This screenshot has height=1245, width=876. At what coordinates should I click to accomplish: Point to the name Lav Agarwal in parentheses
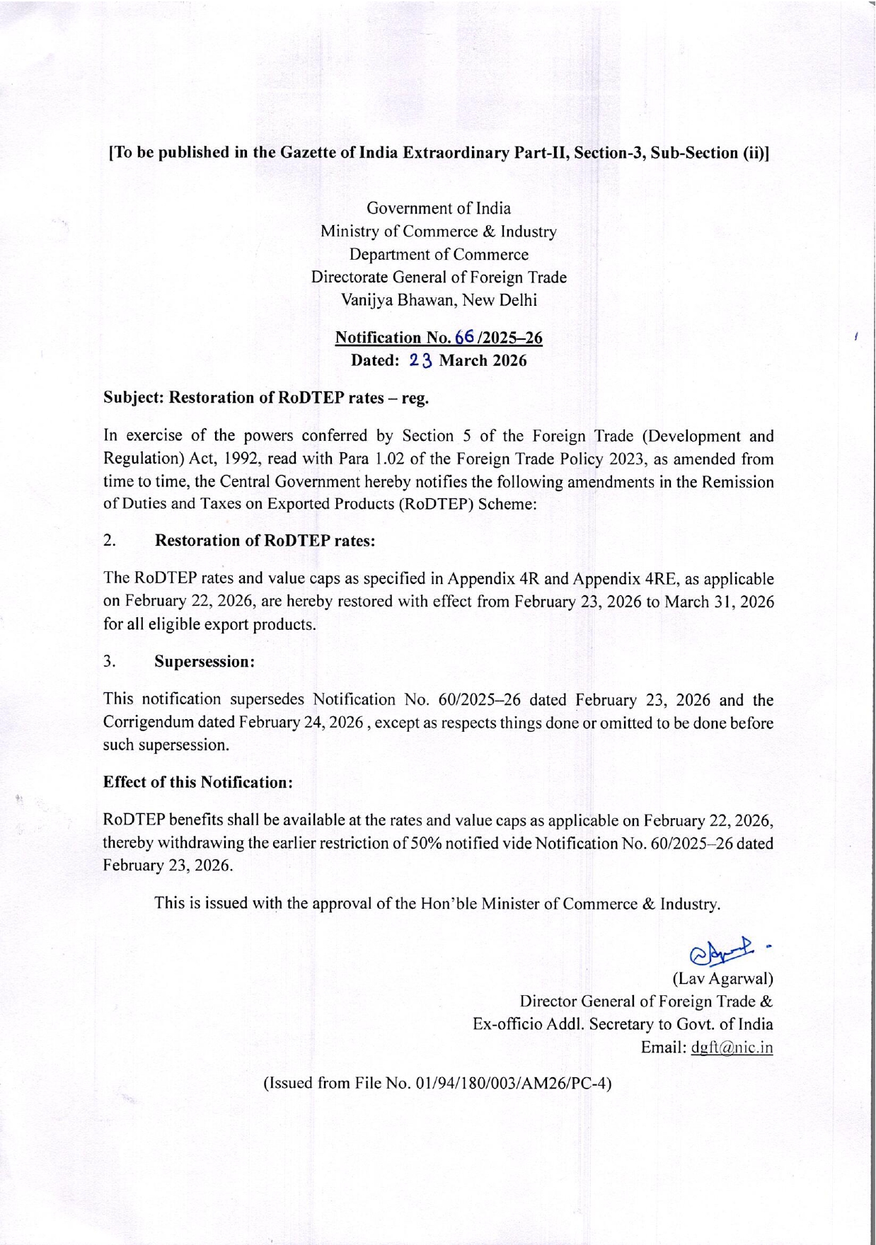click(722, 980)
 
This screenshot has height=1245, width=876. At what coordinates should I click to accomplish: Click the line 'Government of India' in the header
click(438, 208)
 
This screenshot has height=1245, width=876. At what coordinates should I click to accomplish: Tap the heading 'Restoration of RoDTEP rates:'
click(265, 541)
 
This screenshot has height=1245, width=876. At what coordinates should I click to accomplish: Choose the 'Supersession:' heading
click(204, 662)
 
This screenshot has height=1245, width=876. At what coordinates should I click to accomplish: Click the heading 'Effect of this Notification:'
click(198, 782)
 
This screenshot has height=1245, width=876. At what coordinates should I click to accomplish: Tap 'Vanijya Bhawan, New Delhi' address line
click(438, 300)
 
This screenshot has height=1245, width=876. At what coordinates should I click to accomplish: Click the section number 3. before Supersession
click(110, 662)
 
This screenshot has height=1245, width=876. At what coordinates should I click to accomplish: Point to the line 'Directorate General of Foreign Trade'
click(438, 277)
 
